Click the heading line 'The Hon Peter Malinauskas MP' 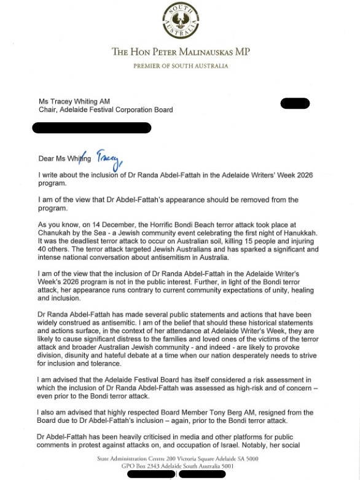tap(180, 52)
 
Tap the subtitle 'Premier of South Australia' tap(180, 66)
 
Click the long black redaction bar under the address tap(92, 128)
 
